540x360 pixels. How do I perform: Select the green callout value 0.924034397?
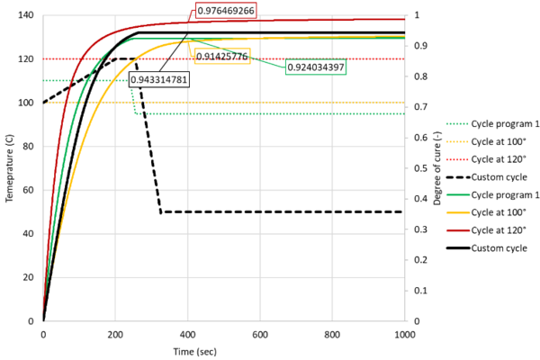(321, 67)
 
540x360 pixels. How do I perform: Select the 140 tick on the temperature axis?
(25, 15)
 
